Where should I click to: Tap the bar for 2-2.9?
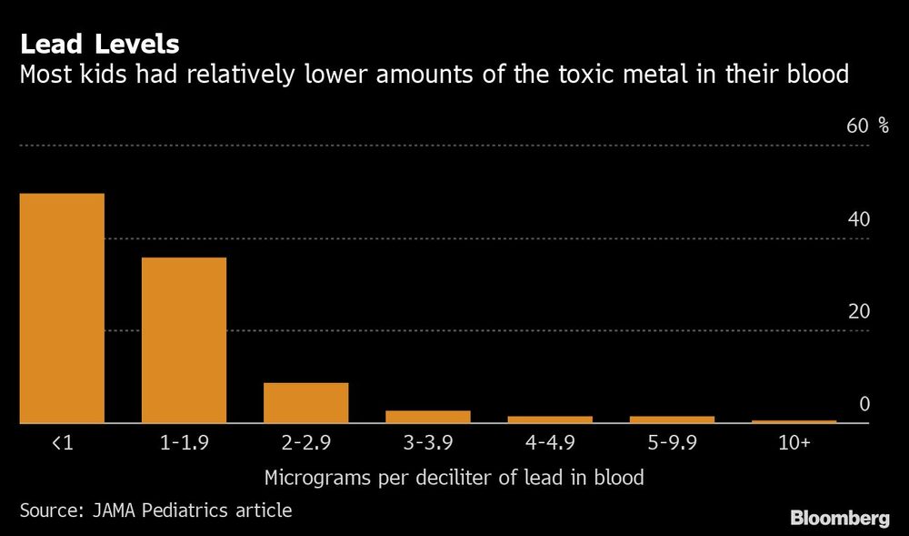point(305,402)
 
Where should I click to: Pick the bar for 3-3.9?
point(427,417)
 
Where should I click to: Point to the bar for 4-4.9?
point(549,420)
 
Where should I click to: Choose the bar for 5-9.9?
point(672,420)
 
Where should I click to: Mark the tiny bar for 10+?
point(794,421)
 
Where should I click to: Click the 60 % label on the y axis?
point(867,126)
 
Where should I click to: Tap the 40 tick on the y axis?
point(858,219)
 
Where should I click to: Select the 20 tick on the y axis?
point(858,311)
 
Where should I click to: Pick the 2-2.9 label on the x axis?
point(305,443)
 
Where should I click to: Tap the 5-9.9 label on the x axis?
point(672,443)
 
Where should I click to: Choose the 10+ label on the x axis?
point(794,443)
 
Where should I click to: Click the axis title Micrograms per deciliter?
point(454,478)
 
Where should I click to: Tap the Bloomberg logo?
point(840,519)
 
